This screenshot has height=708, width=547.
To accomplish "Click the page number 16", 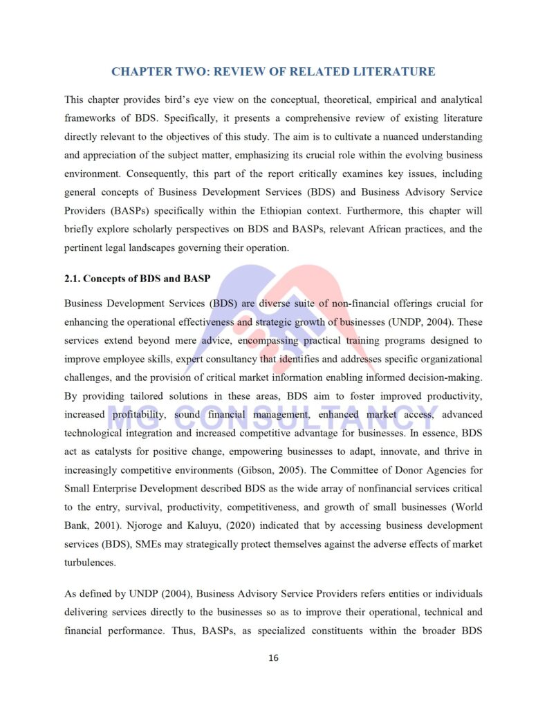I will pos(273,658).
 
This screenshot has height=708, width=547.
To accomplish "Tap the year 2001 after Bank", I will pos(103,525).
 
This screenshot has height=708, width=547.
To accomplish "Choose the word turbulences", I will pos(90,562).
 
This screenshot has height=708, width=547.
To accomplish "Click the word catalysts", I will pos(102,452).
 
